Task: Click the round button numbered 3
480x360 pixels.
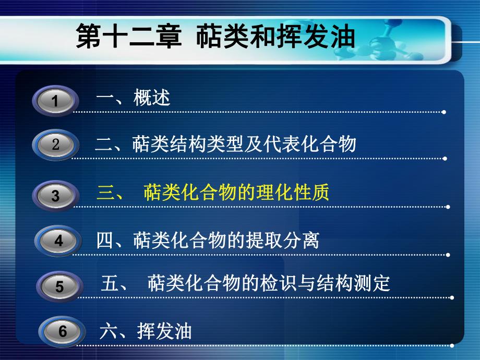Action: tap(55, 196)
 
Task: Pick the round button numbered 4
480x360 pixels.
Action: tap(58, 241)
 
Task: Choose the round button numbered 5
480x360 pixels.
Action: tap(59, 286)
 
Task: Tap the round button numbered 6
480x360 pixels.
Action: tap(63, 331)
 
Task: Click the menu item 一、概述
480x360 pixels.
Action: tap(134, 98)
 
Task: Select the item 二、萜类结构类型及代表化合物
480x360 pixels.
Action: tap(225, 144)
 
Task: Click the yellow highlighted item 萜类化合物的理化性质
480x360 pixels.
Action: tap(236, 194)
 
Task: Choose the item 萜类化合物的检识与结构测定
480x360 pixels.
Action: tap(269, 284)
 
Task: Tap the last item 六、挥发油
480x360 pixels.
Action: tap(146, 331)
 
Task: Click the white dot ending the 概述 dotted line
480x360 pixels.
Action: tap(443, 112)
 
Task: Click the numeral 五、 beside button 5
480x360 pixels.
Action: tap(114, 284)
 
